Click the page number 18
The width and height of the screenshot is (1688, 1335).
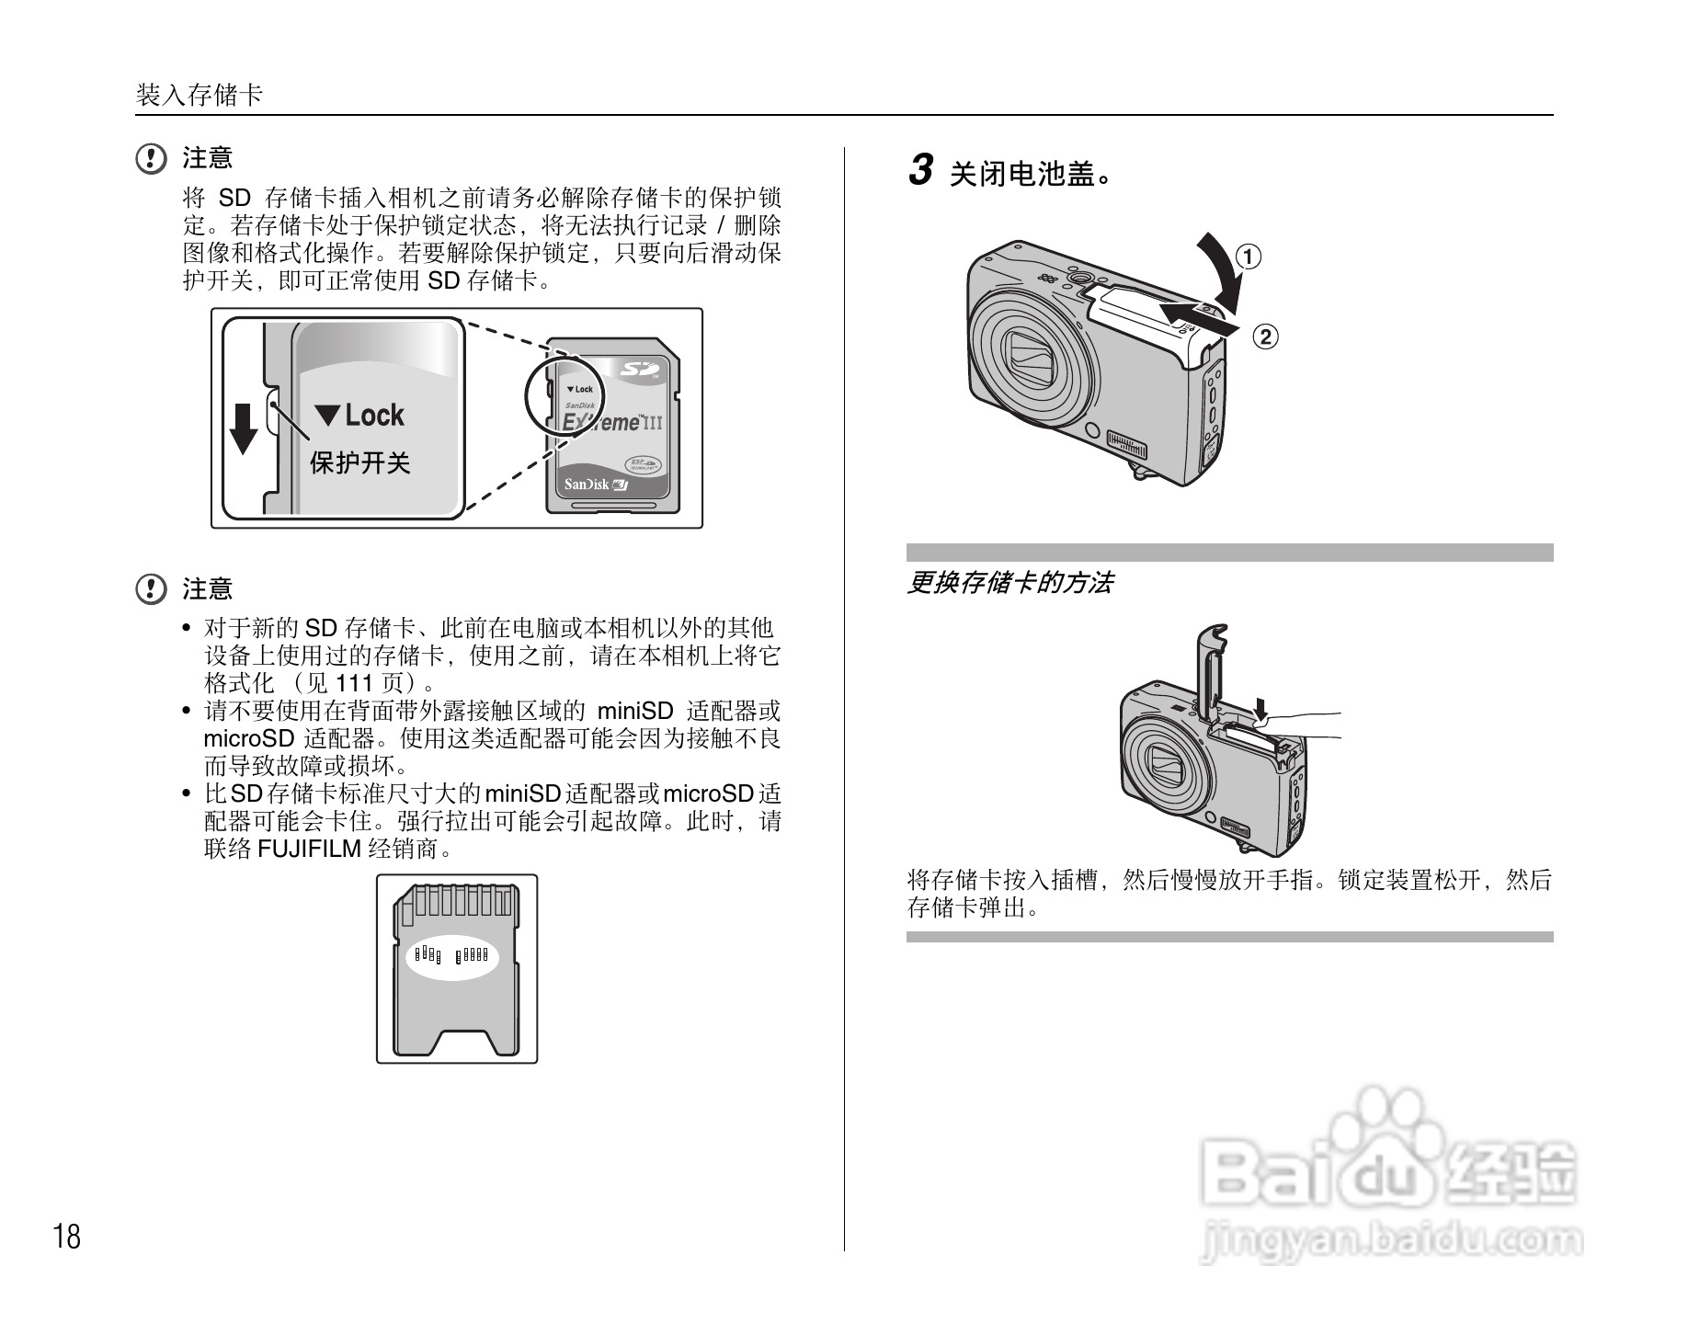67,1237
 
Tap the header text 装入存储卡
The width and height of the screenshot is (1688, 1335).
200,95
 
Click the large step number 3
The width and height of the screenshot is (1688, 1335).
920,170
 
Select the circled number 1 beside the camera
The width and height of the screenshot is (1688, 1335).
1248,257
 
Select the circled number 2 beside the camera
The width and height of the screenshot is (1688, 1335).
1265,337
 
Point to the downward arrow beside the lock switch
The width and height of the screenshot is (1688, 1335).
243,428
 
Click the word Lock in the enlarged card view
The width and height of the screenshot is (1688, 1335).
375,416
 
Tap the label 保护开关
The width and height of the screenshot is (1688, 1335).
360,462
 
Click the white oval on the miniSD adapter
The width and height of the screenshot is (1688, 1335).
452,957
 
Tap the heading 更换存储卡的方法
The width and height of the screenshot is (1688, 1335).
1009,583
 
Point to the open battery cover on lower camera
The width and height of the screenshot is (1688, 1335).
1213,671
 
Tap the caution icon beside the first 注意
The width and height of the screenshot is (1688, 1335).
151,159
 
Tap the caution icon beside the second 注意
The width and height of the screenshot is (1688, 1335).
151,588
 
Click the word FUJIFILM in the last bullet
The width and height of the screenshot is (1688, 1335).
309,849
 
